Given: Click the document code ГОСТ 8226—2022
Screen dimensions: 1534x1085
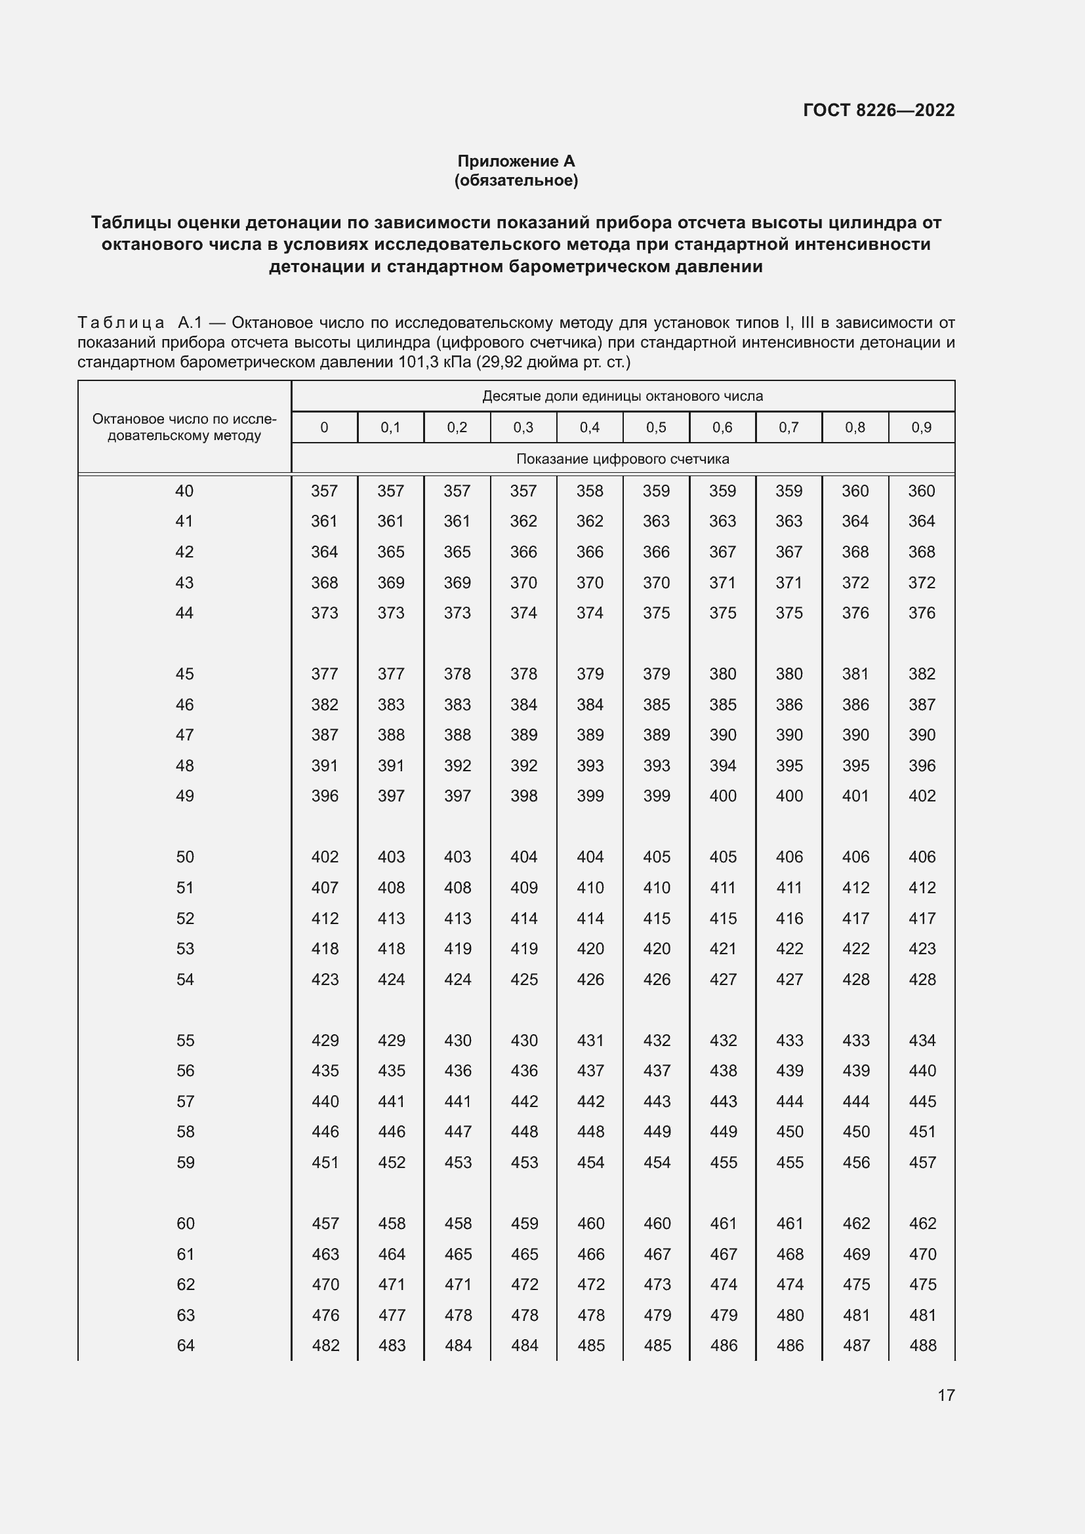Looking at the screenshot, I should pyautogui.click(x=878, y=110).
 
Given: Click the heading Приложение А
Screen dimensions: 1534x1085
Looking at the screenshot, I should pyautogui.click(x=516, y=161).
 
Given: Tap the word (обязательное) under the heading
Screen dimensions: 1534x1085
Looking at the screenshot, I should pyautogui.click(x=516, y=180).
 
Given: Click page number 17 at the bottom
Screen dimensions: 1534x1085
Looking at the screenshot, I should pyautogui.click(x=945, y=1395).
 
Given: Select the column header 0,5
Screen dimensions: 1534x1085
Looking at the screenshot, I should pyautogui.click(x=655, y=428).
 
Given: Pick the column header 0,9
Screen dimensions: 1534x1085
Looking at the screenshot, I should pyautogui.click(x=921, y=428).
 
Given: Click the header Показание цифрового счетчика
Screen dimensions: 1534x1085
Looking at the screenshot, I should pyautogui.click(x=622, y=459).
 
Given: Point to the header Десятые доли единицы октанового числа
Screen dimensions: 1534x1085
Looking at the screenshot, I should pyautogui.click(x=622, y=396).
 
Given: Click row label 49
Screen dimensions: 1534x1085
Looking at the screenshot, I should pyautogui.click(x=184, y=796).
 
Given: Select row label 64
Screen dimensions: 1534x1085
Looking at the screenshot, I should pyautogui.click(x=185, y=1345).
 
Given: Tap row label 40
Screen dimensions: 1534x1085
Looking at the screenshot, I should pyautogui.click(x=184, y=491).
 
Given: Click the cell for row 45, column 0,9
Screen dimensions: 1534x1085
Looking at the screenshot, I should pyautogui.click(x=921, y=674).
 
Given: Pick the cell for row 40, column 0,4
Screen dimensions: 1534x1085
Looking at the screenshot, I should pyautogui.click(x=589, y=491).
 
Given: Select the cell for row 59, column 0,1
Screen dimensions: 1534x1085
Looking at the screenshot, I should pyautogui.click(x=391, y=1162).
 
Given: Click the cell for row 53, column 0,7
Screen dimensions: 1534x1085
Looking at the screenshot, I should pyautogui.click(x=789, y=949).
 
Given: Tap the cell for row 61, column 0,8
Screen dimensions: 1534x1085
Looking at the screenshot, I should pyautogui.click(x=856, y=1254).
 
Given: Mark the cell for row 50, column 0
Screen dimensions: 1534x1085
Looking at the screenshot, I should pyautogui.click(x=325, y=857).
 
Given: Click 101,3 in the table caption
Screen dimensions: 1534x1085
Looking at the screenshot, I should pyautogui.click(x=419, y=363).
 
